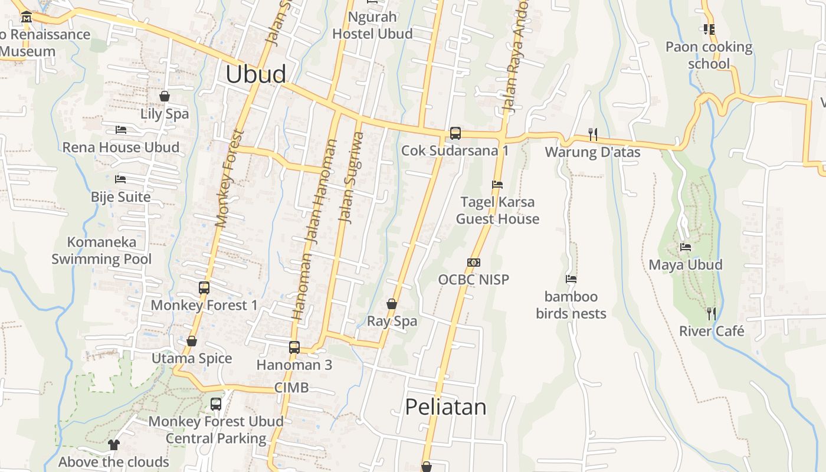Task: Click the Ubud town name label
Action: (x=256, y=74)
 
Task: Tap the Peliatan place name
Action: (x=445, y=407)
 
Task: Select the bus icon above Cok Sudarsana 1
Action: (x=455, y=133)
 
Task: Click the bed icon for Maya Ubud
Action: (x=686, y=247)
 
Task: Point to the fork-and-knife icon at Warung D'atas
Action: (x=593, y=135)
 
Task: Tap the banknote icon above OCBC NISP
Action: (x=473, y=263)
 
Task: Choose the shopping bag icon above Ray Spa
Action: (x=391, y=304)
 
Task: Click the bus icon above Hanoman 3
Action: (x=294, y=348)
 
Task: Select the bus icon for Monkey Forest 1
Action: (x=204, y=288)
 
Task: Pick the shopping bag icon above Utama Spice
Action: (x=191, y=341)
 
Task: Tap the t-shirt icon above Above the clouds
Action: (x=114, y=444)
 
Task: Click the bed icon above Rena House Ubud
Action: (x=121, y=130)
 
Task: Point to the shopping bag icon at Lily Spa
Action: (x=165, y=96)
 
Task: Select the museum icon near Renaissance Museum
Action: (x=26, y=18)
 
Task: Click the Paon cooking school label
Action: (x=709, y=55)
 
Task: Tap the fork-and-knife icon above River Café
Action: (x=711, y=313)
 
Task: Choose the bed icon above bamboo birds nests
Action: (x=571, y=279)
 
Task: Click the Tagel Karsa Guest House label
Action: (x=497, y=210)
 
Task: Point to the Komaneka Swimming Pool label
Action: (x=101, y=250)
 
